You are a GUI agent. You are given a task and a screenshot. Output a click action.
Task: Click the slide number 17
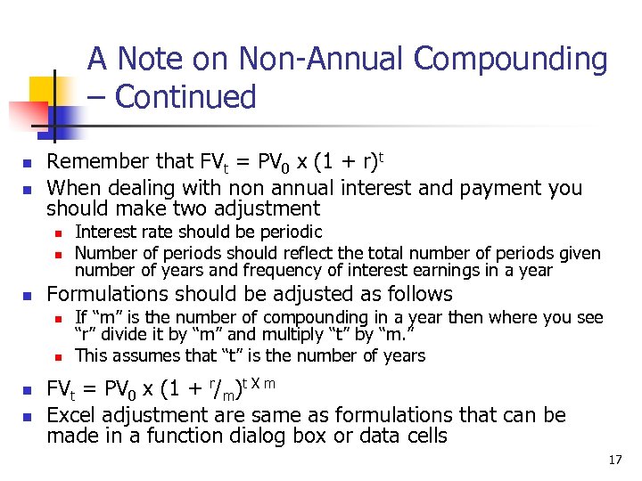[x=614, y=461]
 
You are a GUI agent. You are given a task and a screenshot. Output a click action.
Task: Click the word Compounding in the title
[x=511, y=60]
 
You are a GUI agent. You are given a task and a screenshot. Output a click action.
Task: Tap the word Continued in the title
[x=185, y=96]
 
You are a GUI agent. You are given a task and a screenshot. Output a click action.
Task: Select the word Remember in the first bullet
[x=97, y=162]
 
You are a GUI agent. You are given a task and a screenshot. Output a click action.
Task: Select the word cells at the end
[x=424, y=436]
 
